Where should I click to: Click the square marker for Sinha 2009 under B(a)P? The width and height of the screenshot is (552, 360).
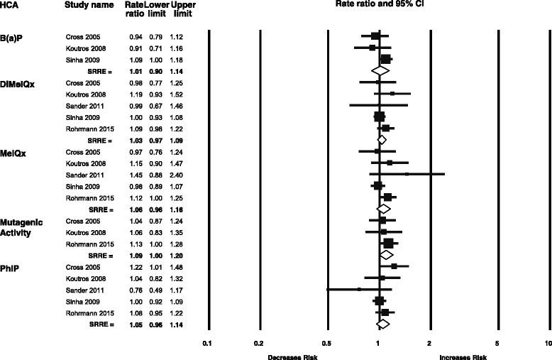click(386, 60)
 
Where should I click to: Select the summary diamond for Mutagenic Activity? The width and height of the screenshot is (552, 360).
click(386, 254)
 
